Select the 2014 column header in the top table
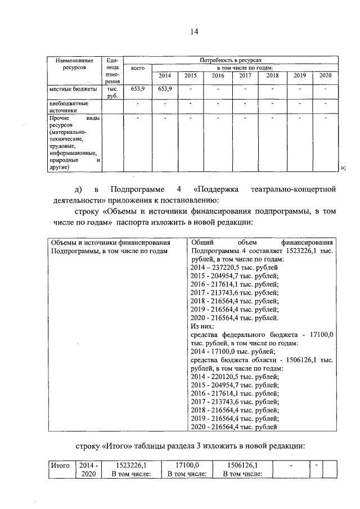165,76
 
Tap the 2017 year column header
245,76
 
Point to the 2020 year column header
325,76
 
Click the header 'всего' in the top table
137,68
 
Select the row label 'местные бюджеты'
72,89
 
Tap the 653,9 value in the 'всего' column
137,89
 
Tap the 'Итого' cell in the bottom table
60,466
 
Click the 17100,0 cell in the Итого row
187,466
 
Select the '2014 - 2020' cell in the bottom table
89,470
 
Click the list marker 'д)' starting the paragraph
79,188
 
